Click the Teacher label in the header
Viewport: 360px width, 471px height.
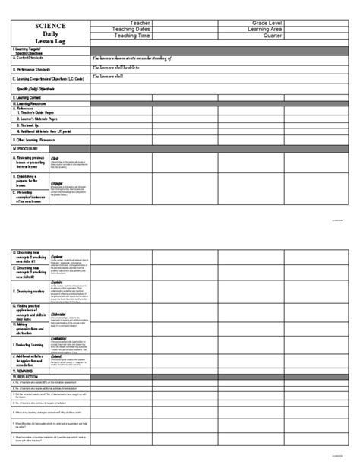pos(141,23)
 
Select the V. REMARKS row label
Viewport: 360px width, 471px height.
pos(27,370)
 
